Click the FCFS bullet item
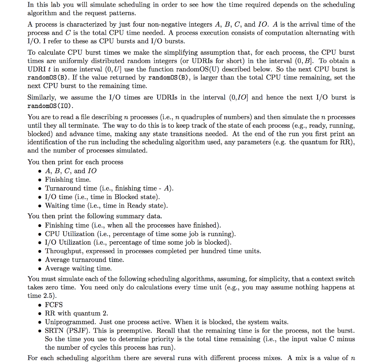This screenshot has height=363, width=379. point(54,305)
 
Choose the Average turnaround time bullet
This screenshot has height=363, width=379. point(84,260)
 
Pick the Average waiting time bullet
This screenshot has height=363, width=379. point(78,268)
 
